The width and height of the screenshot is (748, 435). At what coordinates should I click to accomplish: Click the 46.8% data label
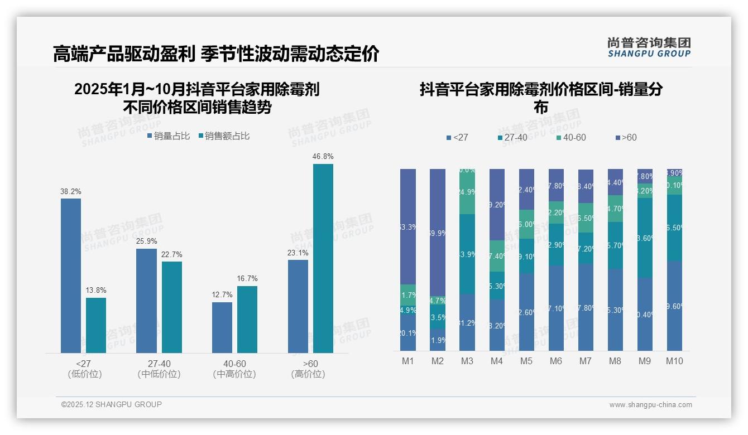(x=323, y=157)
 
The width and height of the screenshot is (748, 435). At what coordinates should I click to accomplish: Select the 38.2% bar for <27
(x=71, y=275)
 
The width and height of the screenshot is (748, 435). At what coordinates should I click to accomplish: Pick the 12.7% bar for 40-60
(x=222, y=327)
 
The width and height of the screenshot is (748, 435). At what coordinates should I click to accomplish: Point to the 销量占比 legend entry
(x=169, y=136)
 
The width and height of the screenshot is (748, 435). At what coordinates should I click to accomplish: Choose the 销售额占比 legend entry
(x=223, y=136)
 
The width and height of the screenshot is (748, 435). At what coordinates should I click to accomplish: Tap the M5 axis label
(x=526, y=361)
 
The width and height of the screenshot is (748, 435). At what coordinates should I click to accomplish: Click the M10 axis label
(x=674, y=361)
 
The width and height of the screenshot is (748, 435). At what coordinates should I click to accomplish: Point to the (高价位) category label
(x=308, y=374)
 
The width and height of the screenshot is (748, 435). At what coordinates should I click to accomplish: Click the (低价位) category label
(x=85, y=374)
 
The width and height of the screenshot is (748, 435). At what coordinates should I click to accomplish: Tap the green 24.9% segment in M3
(x=467, y=192)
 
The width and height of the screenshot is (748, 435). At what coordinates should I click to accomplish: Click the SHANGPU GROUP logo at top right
(x=649, y=47)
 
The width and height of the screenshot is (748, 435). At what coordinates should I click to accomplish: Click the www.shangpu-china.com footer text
(x=650, y=405)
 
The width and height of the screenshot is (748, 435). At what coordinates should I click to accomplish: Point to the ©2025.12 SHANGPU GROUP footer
(x=112, y=405)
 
